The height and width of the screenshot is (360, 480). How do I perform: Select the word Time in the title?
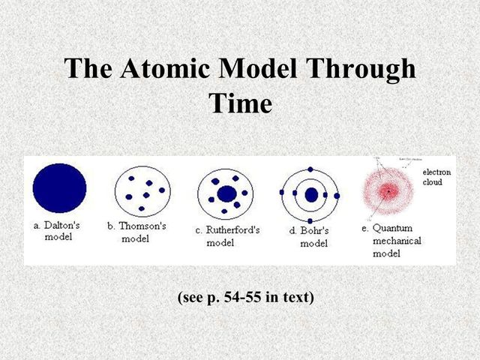(x=240, y=103)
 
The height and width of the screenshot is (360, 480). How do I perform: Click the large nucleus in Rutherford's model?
(x=226, y=193)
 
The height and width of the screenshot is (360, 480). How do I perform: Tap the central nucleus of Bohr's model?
(x=311, y=195)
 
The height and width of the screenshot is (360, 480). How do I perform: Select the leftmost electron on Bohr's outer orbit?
(x=282, y=194)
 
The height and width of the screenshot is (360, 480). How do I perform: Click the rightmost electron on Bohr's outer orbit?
(x=337, y=195)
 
